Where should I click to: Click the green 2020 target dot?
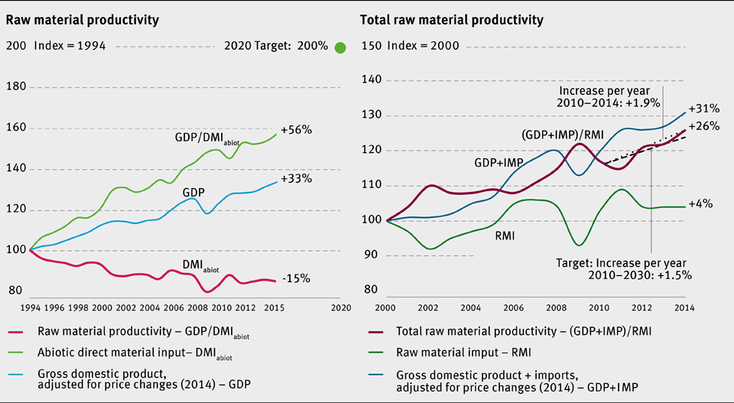coord(340,47)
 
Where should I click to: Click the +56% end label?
coord(297,130)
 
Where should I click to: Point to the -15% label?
coord(296,278)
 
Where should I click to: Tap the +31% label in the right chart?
coord(703,109)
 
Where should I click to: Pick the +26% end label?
coord(703,126)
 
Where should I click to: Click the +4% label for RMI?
coord(700,204)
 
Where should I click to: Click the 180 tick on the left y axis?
coord(17,87)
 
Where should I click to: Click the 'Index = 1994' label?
coord(70,46)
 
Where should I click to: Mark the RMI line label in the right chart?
coord(504,236)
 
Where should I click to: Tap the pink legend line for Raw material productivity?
coord(24,330)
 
